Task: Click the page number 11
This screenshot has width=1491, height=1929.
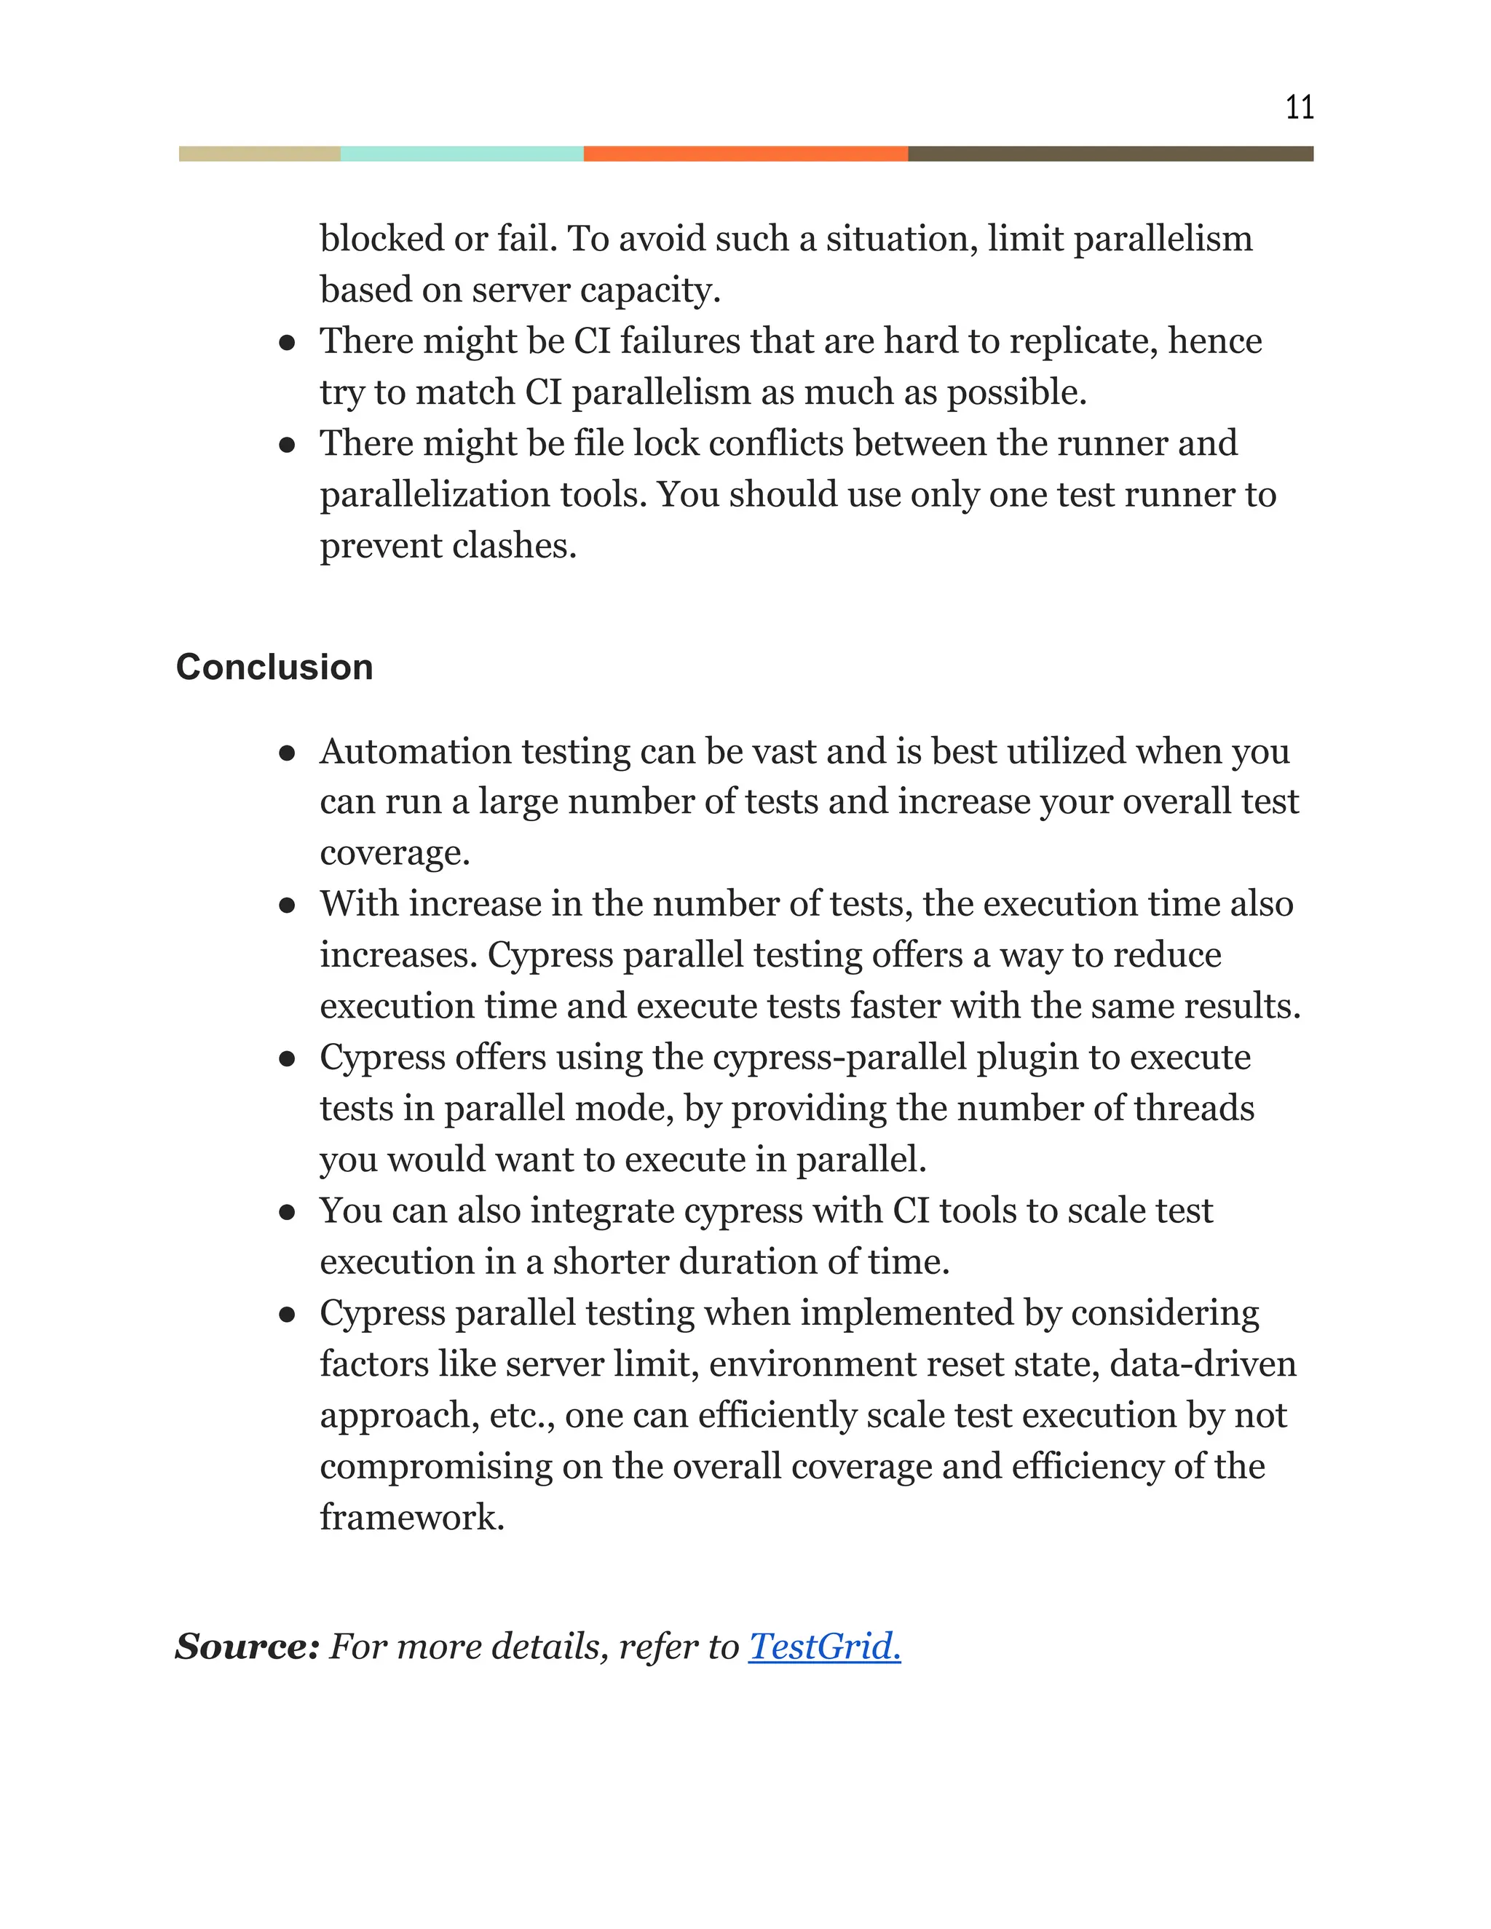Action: point(1299,108)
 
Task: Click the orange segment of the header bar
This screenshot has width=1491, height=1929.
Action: point(745,154)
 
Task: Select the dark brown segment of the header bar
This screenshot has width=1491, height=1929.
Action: point(1110,154)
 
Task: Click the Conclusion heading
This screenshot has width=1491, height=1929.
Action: point(274,667)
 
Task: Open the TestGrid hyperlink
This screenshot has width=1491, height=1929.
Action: point(823,1647)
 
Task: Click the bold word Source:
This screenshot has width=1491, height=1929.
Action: point(247,1647)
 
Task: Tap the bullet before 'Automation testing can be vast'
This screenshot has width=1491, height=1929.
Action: point(286,753)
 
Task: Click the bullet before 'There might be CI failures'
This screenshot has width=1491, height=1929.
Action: point(286,343)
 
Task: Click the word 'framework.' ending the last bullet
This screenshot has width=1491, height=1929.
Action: point(411,1518)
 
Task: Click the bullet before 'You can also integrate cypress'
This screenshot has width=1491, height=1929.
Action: point(286,1212)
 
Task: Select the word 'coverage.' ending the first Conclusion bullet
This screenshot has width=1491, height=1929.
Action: point(394,853)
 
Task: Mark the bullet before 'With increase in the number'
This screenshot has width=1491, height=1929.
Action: point(286,906)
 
